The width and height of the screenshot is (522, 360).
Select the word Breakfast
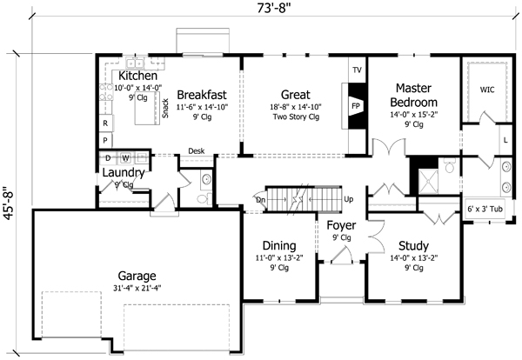point(202,94)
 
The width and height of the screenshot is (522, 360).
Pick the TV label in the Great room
point(356,70)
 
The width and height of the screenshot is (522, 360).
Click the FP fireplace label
point(356,105)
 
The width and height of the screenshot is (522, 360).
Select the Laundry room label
point(122,172)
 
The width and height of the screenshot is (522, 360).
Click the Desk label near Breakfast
point(196,150)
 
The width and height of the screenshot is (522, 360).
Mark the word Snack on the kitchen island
point(164,108)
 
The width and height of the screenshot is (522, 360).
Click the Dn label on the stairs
point(260,199)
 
